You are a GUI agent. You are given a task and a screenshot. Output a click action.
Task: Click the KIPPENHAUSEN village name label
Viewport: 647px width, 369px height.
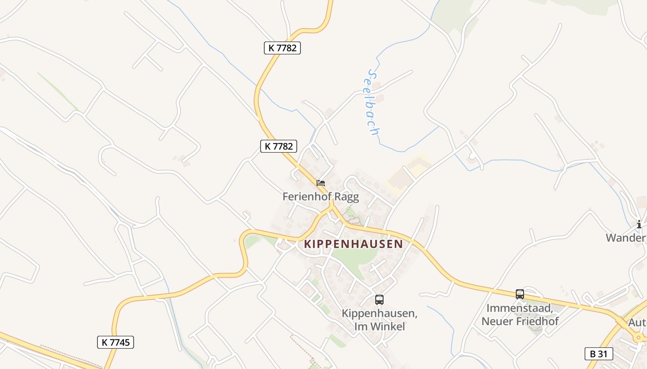pos(354,244)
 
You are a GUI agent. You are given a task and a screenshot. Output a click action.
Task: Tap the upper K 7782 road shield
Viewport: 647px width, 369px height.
pos(282,48)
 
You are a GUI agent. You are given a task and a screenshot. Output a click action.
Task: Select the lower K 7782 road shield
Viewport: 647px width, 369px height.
pos(278,146)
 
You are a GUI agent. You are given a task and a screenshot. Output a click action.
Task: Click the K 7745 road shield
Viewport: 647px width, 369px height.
pos(116,342)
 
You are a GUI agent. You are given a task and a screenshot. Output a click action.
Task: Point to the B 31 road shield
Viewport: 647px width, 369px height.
pos(598,354)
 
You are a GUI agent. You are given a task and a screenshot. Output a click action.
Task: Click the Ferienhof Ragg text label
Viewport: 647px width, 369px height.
pos(321,196)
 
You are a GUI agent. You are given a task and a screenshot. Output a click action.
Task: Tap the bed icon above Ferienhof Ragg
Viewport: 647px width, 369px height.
pos(321,183)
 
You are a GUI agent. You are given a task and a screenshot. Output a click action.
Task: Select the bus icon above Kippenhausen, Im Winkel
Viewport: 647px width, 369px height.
pos(379,300)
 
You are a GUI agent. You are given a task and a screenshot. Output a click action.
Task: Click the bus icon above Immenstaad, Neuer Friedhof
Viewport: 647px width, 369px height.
pos(520,294)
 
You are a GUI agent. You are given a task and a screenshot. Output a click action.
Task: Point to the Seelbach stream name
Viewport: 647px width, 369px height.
pos(373,102)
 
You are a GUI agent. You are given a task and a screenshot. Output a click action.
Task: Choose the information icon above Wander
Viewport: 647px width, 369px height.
pos(639,225)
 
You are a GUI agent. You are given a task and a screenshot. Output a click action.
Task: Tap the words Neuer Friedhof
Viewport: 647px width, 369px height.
pos(520,321)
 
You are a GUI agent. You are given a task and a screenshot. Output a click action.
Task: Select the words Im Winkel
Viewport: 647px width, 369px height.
pos(379,326)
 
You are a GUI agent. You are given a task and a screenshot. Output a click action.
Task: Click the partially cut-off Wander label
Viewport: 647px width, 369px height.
pos(626,238)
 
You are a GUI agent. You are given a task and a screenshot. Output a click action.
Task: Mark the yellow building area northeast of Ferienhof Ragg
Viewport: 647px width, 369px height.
pos(407,173)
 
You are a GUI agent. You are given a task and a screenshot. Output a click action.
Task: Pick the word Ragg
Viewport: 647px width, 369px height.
pos(346,196)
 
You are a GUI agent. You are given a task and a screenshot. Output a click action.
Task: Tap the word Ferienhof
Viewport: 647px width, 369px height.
pos(307,196)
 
